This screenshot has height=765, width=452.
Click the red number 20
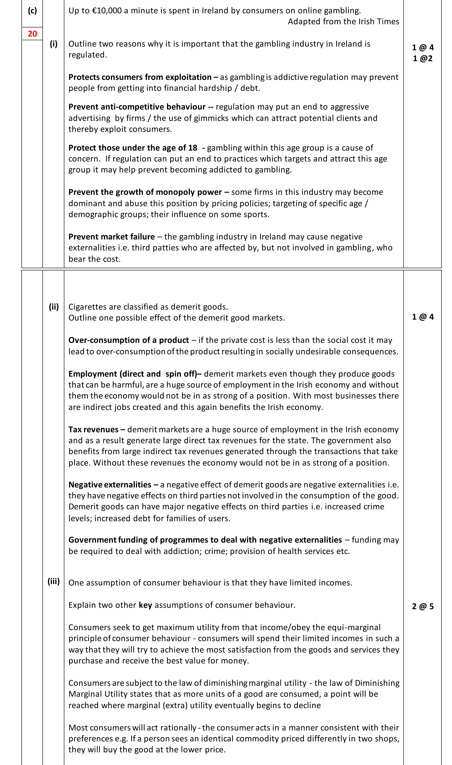[32, 34]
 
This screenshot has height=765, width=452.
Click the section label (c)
[32, 11]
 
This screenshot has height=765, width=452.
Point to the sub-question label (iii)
[54, 581]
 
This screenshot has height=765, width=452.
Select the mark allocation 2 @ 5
[423, 607]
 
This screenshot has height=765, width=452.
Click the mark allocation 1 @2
[423, 58]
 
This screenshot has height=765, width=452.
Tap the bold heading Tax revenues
[93, 429]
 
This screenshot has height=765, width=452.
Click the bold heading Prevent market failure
[111, 237]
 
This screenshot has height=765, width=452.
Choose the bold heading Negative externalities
[110, 485]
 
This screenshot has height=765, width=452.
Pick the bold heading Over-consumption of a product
[129, 340]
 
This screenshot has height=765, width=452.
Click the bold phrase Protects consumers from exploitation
[140, 77]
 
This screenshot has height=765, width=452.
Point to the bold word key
[145, 605]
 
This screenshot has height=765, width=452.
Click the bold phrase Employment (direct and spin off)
[133, 374]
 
